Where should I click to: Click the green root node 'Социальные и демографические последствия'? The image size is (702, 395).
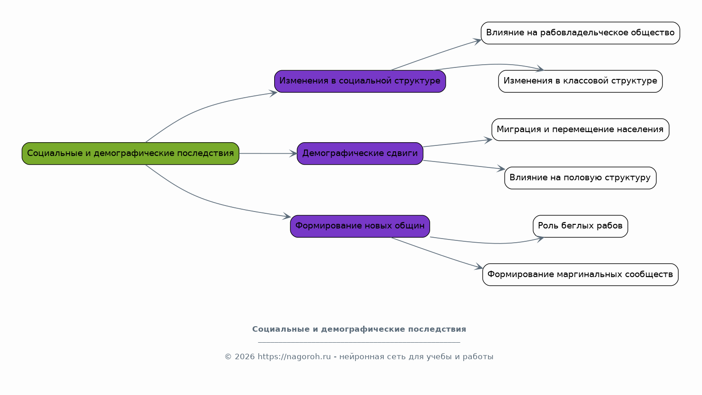point(130,154)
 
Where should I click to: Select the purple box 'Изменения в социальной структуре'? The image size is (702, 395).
point(360,81)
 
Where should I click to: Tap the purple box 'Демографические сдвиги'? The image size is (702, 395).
point(360,154)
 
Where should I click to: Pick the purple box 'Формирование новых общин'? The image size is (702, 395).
point(360,226)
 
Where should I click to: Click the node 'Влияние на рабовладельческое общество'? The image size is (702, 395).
point(580,33)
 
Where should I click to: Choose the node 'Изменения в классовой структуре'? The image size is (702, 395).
point(580,81)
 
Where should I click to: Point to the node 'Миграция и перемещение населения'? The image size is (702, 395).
point(580,129)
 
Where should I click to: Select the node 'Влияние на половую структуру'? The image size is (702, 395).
point(580,178)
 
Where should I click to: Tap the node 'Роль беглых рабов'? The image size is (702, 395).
point(580,226)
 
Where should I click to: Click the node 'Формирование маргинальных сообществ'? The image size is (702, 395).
point(580,275)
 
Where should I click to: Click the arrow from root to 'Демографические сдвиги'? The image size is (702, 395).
point(268,154)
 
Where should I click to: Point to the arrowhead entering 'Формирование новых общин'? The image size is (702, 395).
point(287,216)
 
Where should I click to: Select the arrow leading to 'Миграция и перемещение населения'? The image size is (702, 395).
point(458,143)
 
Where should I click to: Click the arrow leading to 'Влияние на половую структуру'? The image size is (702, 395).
point(464,165)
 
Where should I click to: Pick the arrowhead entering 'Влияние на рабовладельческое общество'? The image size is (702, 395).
point(477,41)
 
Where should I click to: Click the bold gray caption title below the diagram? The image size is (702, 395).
point(359,329)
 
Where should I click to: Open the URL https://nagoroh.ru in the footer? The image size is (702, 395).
point(294,357)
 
